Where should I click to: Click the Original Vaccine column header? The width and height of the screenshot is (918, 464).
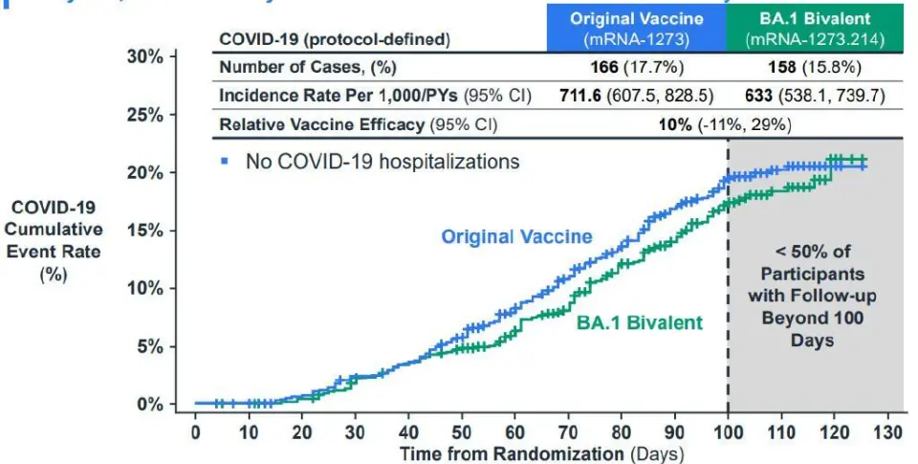click(637, 28)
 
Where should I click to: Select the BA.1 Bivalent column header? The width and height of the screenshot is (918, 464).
click(814, 28)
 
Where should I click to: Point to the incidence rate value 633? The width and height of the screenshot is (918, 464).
click(761, 97)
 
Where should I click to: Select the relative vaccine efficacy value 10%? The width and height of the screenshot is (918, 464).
click(674, 124)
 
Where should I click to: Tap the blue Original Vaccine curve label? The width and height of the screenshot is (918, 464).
click(516, 236)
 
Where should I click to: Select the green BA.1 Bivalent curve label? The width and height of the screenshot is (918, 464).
click(639, 322)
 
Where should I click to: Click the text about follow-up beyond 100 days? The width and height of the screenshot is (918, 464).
click(813, 296)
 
